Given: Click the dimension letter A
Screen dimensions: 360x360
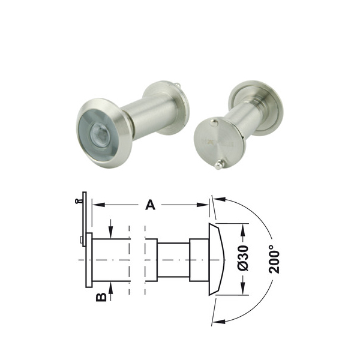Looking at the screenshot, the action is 151,205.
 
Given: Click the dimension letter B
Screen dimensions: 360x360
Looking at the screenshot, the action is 101,297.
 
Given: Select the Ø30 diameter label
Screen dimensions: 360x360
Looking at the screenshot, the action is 243,258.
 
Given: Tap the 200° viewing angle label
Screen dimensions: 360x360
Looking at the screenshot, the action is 274,259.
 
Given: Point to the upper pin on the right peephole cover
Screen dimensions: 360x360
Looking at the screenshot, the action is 214,123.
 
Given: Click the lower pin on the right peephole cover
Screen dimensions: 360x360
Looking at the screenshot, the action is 219,165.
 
